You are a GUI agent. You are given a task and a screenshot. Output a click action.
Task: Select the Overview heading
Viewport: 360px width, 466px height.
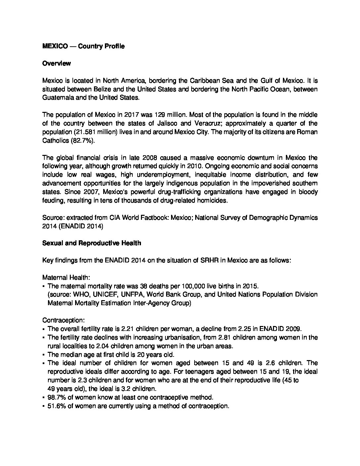pyautogui.click(x=56, y=64)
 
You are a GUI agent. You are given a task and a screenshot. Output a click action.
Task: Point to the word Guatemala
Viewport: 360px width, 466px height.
pyautogui.click(x=57, y=98)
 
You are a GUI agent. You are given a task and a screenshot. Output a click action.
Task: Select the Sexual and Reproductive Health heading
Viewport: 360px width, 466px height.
pyautogui.click(x=92, y=243)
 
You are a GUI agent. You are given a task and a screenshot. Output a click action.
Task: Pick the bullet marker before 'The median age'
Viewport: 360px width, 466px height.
pyautogui.click(x=44, y=355)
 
